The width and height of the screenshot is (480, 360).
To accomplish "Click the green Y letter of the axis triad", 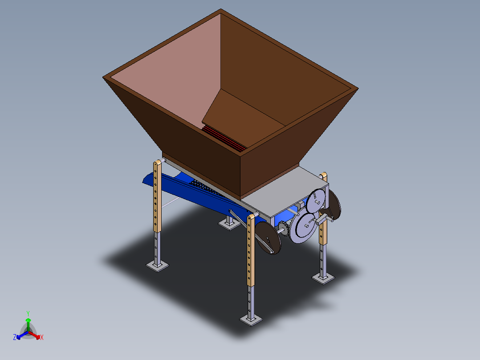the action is [28, 313].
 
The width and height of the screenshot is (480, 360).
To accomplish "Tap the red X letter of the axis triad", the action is [42, 337].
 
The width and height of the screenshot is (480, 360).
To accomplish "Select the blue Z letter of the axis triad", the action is [15, 337].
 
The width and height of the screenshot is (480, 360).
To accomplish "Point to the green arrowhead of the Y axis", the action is [28, 320].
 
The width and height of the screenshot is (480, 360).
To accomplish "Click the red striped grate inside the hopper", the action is [224, 139].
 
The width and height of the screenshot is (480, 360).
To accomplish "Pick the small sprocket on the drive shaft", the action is [284, 228].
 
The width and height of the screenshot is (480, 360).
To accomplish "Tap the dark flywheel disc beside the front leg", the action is [268, 238].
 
